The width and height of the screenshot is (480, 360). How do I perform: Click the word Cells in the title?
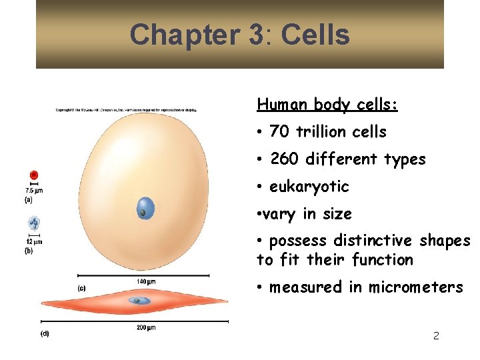coord(315,34)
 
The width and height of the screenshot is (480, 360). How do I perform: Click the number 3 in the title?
coord(255,34)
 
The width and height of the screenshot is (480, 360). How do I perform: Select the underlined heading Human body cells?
coord(327,105)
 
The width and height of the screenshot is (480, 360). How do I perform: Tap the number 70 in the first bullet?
coord(280,132)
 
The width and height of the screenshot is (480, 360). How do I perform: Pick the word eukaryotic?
coord(309,187)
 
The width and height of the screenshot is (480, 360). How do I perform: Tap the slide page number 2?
coord(436,336)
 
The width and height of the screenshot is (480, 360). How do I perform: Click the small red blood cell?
coord(33,175)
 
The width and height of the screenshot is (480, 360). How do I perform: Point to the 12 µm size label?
coord(34,241)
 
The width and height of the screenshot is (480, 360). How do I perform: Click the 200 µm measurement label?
coord(145,327)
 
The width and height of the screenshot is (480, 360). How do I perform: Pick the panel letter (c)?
coord(81,288)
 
